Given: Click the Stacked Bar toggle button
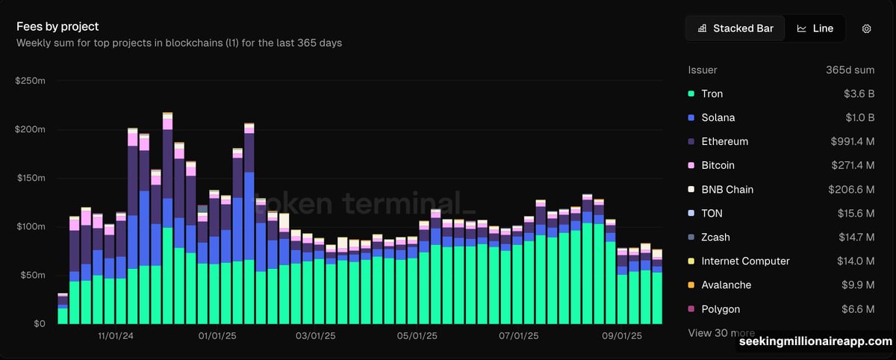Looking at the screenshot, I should click(735, 28).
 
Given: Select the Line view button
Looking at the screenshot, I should click(815, 28).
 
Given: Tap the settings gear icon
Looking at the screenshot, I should click(867, 28).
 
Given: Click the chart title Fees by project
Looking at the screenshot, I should click(57, 27).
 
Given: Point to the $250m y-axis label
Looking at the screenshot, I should click(31, 80).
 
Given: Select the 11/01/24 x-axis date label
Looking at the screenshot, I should click(116, 336).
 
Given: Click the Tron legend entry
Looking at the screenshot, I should click(712, 93).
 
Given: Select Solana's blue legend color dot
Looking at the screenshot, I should click(691, 117).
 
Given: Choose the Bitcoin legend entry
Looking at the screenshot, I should click(718, 165).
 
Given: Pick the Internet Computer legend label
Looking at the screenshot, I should click(745, 261).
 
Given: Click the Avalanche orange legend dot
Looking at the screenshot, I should click(691, 285).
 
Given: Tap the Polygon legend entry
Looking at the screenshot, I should click(720, 308).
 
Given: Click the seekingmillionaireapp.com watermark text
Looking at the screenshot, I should click(815, 342).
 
